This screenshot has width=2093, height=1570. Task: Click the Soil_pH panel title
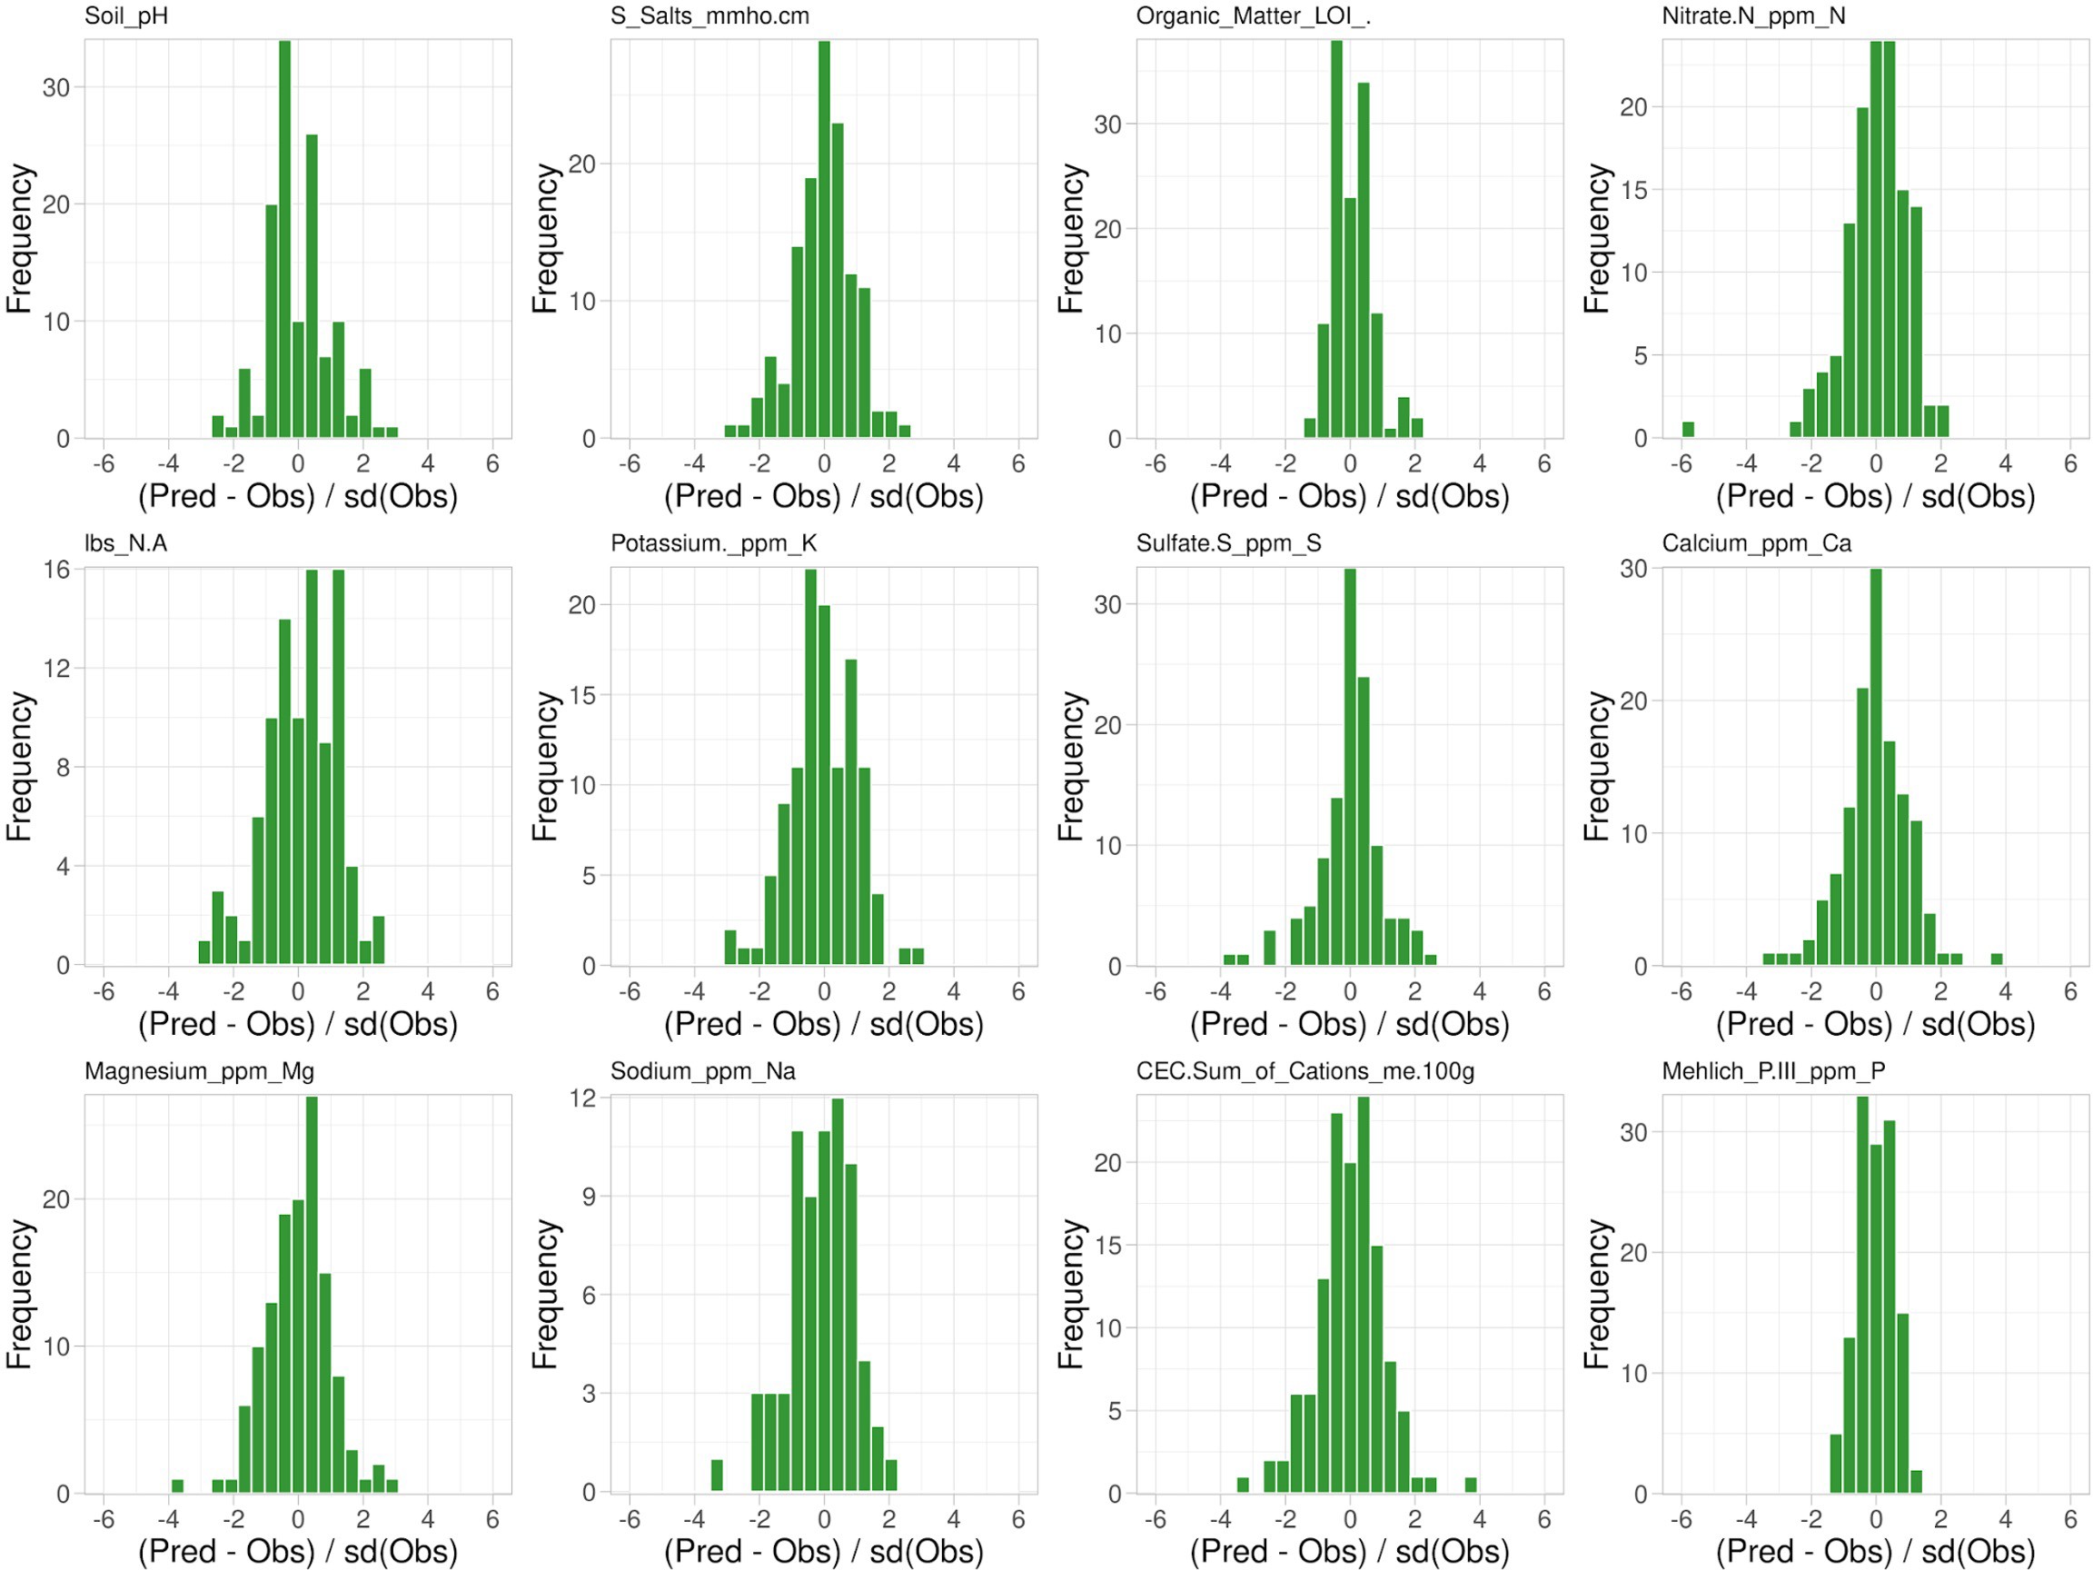[x=126, y=16]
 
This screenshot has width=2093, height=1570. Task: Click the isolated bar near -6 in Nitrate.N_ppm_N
[x=1687, y=430]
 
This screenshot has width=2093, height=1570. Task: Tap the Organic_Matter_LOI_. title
[x=1253, y=16]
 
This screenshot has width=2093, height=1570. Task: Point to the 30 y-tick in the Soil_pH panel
[x=55, y=88]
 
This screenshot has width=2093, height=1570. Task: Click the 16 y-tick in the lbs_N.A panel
[x=55, y=570]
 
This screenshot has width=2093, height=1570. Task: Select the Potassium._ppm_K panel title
[x=713, y=543]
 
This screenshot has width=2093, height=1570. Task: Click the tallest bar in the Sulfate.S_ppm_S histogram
[x=1350, y=767]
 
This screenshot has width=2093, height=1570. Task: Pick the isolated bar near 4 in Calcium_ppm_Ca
[x=1997, y=959]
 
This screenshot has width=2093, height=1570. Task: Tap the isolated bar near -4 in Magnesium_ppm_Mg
[x=177, y=1486]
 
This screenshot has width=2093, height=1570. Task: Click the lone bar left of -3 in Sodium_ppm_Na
[x=716, y=1476]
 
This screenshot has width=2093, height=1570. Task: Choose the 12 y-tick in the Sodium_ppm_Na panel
[x=583, y=1098]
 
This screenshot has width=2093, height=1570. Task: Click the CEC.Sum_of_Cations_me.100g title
[x=1304, y=1071]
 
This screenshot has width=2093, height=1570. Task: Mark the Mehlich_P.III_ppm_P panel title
[x=1773, y=1071]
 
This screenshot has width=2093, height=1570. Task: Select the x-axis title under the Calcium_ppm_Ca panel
[x=1875, y=1024]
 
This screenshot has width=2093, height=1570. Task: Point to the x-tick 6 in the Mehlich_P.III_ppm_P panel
[x=2070, y=1520]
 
